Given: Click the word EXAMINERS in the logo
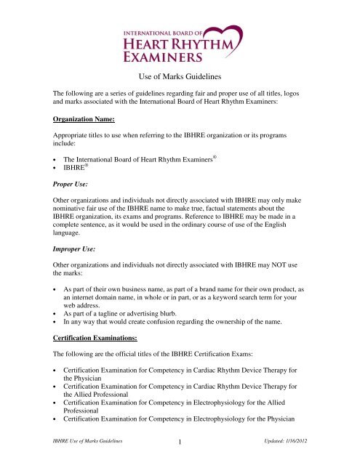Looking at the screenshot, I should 161,55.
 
